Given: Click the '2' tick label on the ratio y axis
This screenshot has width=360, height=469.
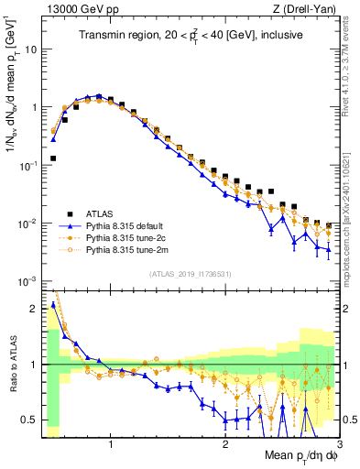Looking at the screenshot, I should (x=32, y=309).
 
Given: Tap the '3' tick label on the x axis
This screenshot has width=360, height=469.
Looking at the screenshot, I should (x=339, y=442).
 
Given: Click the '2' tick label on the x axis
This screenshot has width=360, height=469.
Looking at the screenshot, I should (x=225, y=442).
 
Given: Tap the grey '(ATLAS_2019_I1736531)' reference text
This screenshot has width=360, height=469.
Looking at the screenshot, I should (x=191, y=274).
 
